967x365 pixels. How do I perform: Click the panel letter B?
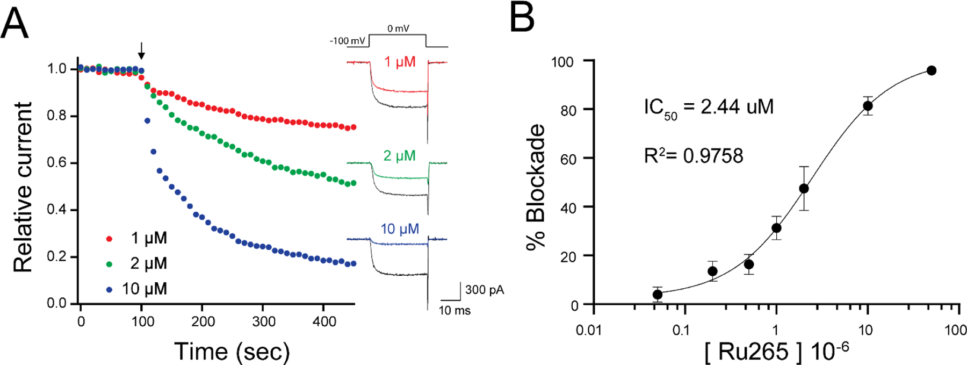coord(522,17)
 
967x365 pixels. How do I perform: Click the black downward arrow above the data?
coord(141,51)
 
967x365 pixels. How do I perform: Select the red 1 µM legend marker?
coord(110,239)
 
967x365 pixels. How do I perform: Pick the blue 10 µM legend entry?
coord(144,289)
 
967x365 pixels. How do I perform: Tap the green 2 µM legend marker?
coord(110,264)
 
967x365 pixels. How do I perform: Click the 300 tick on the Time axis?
coord(264,321)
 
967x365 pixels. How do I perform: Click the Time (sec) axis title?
coord(232,351)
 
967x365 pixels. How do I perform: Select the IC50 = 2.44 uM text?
coord(708,108)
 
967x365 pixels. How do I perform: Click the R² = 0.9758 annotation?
coord(693,156)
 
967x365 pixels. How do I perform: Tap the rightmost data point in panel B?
coord(931,70)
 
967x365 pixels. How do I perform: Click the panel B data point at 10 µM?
coord(868,106)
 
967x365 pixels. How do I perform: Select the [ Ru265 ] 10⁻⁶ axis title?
coord(776,351)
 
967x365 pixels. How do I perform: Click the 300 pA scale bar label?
coord(484,290)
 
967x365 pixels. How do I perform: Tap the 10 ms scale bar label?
coord(454,310)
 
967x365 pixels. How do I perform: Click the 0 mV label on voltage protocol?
coord(398,28)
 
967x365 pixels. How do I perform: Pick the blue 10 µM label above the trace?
coord(399,229)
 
